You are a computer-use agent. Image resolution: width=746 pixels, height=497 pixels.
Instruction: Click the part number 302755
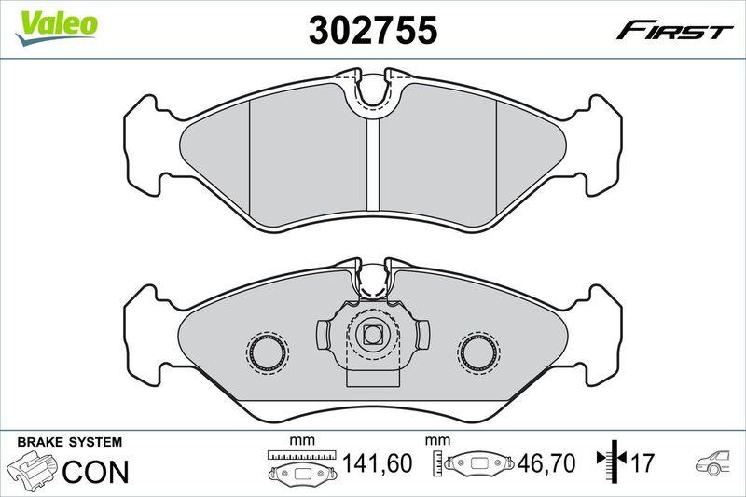click(373, 31)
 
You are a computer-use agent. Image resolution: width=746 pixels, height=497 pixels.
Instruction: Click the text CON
click(94, 470)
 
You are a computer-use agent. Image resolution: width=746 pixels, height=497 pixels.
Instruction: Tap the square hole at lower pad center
click(373, 333)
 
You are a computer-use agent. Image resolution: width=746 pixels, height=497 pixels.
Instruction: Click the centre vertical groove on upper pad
click(372, 168)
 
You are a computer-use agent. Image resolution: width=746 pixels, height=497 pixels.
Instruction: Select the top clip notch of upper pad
click(373, 90)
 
